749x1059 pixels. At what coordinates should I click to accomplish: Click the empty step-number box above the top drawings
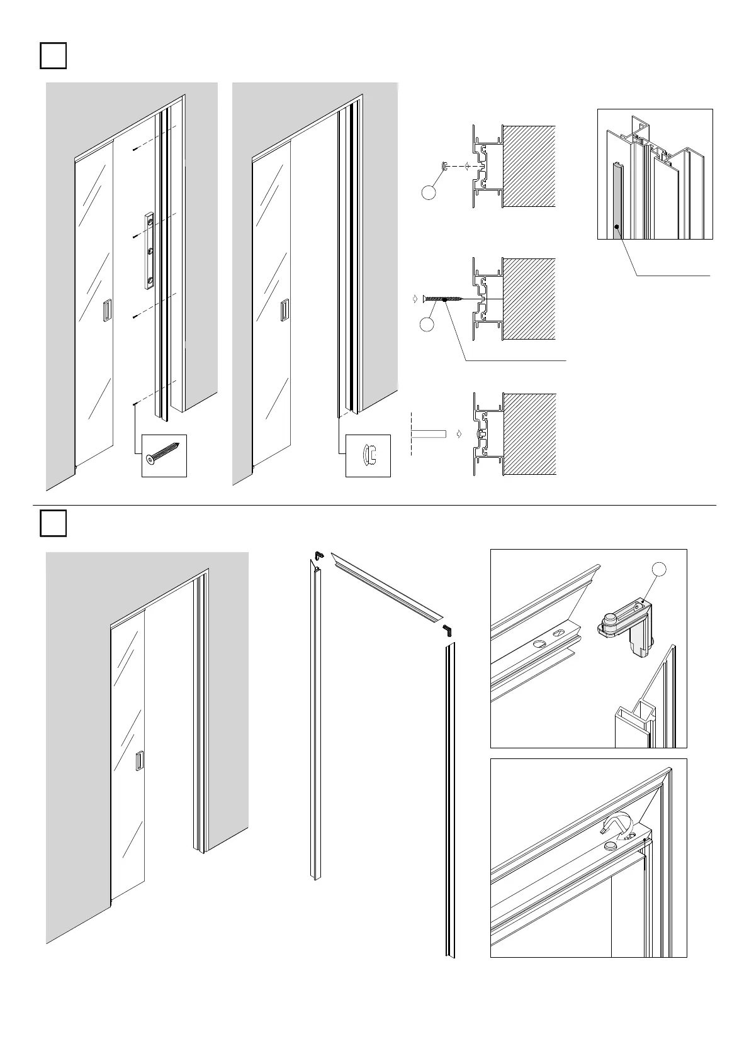pos(53,55)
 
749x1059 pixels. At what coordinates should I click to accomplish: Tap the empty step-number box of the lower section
pos(53,523)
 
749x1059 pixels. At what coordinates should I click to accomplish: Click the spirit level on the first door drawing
pos(149,250)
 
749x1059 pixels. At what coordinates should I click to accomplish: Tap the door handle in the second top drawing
pos(284,310)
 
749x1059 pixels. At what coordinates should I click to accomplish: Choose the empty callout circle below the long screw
pos(427,324)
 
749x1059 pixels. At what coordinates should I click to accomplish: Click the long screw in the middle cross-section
pos(445,299)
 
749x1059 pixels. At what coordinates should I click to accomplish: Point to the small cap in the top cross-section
pos(444,166)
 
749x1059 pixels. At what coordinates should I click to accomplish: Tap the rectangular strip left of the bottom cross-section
pos(428,434)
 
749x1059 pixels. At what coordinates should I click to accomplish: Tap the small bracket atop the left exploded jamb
pos(318,556)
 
